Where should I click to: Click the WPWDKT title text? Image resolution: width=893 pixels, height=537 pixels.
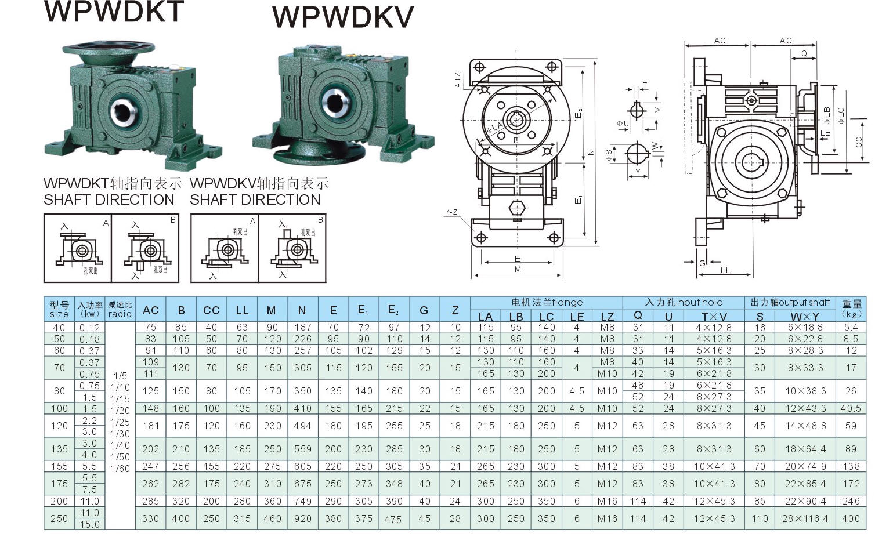tap(114, 12)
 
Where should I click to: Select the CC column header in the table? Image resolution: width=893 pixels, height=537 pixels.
tap(211, 310)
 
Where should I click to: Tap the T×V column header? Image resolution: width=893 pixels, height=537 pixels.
tap(714, 316)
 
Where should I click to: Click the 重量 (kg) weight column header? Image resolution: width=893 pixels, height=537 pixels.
tap(851, 308)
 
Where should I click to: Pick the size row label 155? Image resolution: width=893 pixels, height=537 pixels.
tap(59, 466)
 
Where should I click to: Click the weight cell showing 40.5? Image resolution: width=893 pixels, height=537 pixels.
tap(851, 408)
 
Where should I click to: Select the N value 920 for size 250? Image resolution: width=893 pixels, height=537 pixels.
tap(302, 518)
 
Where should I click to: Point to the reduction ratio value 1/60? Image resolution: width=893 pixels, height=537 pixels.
tap(120, 469)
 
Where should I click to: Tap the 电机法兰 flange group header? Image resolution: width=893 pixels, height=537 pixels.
tap(546, 302)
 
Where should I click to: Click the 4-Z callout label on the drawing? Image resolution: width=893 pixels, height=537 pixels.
tap(451, 212)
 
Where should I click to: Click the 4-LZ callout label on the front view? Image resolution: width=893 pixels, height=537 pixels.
tap(457, 80)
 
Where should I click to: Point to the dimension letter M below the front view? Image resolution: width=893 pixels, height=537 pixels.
tap(518, 269)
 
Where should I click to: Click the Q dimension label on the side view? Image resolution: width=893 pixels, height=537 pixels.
tap(804, 53)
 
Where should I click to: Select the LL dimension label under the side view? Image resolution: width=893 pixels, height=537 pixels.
tap(725, 270)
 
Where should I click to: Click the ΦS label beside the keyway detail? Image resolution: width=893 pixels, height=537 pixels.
tap(608, 155)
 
